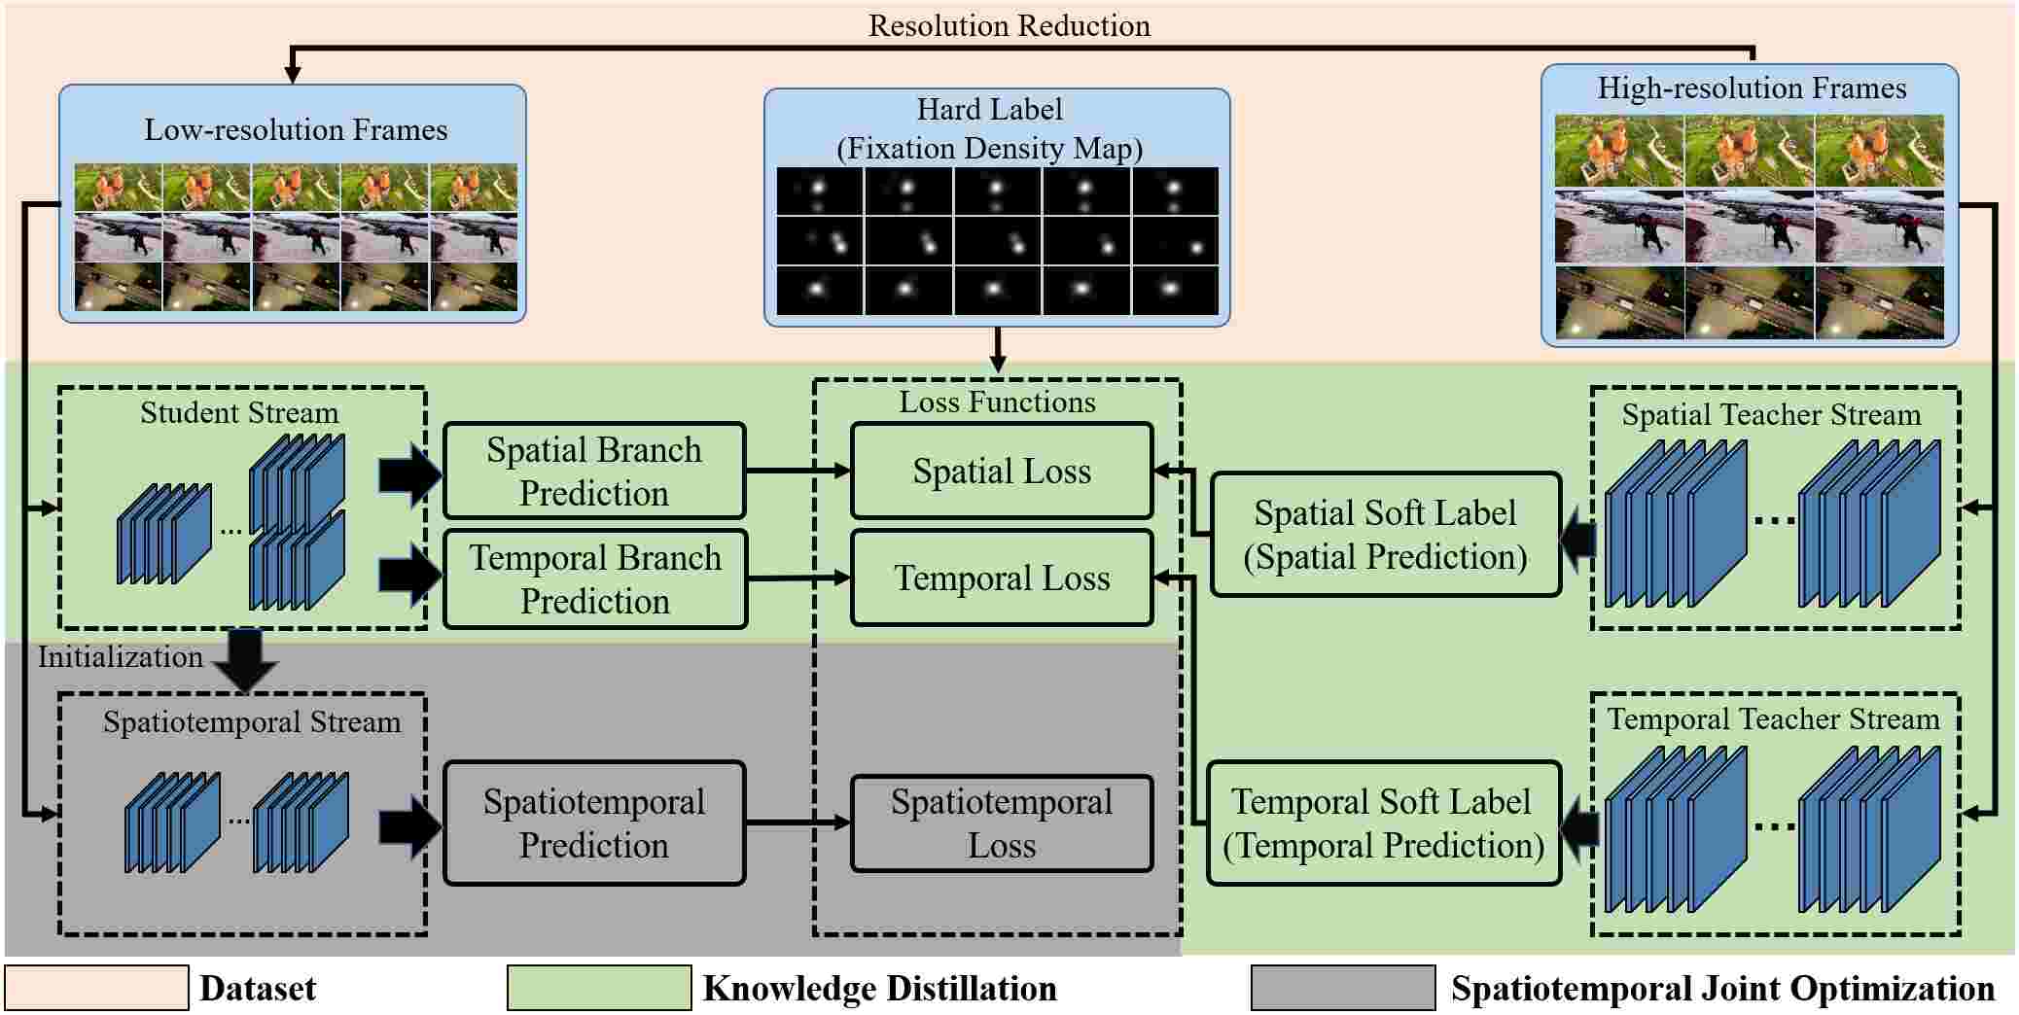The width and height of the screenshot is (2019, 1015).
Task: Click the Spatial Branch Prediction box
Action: (594, 471)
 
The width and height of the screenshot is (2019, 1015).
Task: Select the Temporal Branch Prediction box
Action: (595, 578)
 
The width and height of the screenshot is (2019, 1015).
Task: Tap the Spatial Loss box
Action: (1002, 471)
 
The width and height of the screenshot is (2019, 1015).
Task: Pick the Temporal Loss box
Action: (1002, 577)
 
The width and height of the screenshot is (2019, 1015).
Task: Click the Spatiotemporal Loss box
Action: (1002, 822)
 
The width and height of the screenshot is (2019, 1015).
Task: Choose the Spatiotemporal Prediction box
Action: (594, 822)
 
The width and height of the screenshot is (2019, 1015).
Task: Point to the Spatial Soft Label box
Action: (1386, 534)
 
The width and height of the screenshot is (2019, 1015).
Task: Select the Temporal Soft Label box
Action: (1384, 822)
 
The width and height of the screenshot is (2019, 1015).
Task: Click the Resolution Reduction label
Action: (1009, 25)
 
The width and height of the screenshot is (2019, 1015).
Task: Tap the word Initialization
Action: (121, 656)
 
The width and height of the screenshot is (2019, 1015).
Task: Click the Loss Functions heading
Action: (998, 402)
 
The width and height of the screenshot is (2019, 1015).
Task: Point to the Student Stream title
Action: (239, 412)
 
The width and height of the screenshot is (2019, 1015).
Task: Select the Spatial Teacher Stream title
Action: (1772, 415)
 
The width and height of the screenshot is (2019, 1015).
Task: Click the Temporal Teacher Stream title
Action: (1774, 718)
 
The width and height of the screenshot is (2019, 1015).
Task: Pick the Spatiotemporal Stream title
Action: (252, 721)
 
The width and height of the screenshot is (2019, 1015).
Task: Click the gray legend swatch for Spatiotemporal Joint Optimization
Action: (1343, 988)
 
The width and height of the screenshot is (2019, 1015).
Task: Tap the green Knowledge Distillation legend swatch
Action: (599, 988)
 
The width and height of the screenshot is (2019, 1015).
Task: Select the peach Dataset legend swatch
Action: (96, 988)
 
